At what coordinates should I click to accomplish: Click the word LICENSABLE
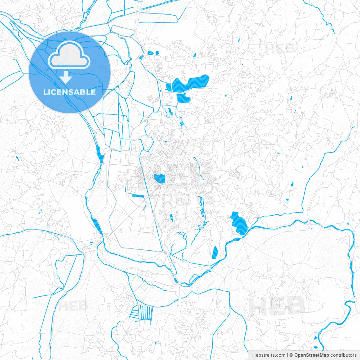[x=69, y=92]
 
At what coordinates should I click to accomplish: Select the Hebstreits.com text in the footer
[x=269, y=355]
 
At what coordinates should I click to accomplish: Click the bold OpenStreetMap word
[x=312, y=355]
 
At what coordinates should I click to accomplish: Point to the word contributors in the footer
[x=343, y=355]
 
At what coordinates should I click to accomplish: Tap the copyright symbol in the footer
[x=291, y=355]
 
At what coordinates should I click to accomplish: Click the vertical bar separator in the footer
[x=287, y=355]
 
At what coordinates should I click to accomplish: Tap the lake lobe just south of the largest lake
[x=183, y=98]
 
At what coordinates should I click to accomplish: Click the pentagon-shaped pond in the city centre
[x=159, y=179]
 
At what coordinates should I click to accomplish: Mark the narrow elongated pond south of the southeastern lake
[x=215, y=252]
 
